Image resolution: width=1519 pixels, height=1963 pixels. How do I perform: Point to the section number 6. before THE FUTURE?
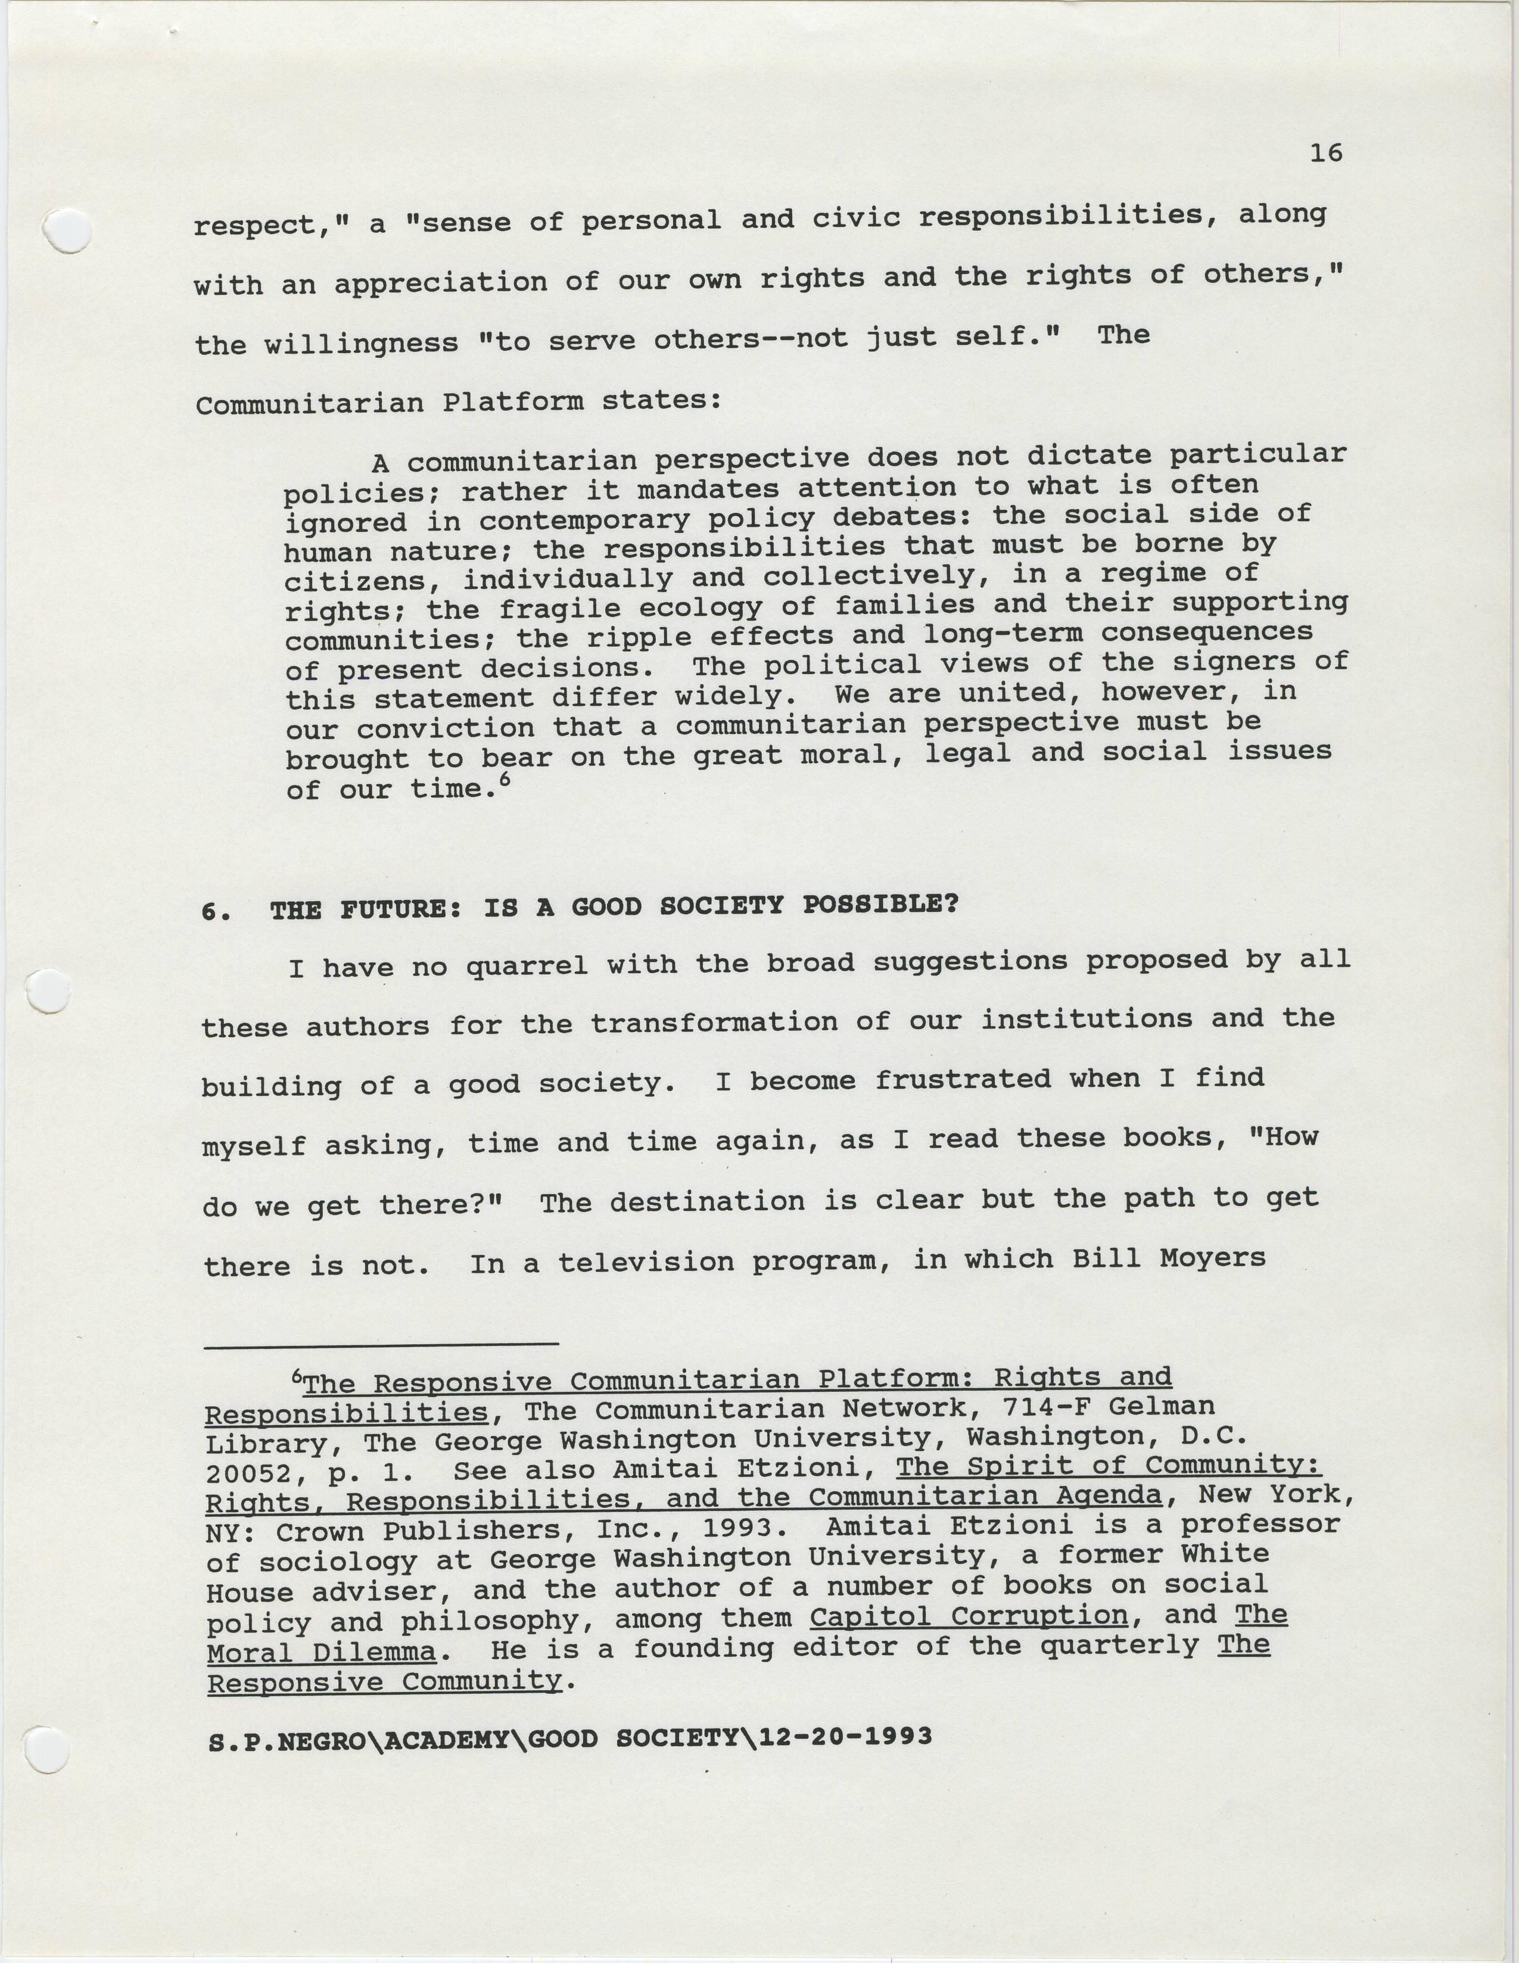coord(216,911)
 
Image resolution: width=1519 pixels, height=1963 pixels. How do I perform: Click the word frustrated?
coord(963,1079)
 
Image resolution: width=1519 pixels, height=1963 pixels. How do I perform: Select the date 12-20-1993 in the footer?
coord(845,1735)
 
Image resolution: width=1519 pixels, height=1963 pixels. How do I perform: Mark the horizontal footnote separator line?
coord(381,1345)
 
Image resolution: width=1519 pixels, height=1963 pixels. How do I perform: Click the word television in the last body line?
coord(645,1263)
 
